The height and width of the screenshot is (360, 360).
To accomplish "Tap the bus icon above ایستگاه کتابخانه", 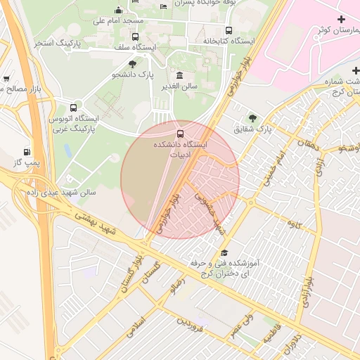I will click(229, 30).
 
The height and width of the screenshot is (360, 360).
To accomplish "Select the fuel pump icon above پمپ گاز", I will click(27, 151).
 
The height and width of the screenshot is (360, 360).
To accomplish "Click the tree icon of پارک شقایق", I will click(252, 118).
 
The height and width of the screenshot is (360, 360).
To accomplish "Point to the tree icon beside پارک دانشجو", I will click(131, 63).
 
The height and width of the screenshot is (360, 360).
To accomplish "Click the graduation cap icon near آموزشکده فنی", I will click(224, 253).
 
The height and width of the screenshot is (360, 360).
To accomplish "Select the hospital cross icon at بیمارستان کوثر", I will click(342, 19).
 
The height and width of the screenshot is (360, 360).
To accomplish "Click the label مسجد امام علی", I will click(117, 21).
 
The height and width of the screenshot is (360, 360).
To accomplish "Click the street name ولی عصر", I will click(239, 327).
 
